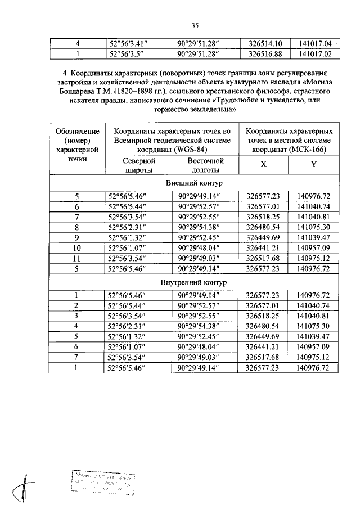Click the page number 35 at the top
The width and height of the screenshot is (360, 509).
[x=195, y=25]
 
